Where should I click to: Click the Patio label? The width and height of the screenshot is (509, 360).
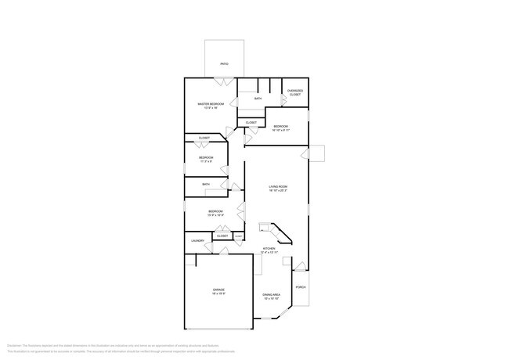pos(224,63)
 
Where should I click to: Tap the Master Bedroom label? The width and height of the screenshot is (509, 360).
pos(210,104)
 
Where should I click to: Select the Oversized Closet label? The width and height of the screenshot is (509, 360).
pos(294,92)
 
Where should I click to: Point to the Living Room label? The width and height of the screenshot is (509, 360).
pos(278,186)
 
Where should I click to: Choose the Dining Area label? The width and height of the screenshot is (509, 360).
pos(272,295)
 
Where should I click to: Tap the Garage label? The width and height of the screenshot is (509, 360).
pos(218,290)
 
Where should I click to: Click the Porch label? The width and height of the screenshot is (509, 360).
pos(300,287)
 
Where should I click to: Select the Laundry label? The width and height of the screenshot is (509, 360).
pos(197,241)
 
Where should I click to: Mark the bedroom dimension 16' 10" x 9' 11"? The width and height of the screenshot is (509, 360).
pos(280,130)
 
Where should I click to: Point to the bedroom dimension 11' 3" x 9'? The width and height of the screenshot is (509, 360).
pos(206,161)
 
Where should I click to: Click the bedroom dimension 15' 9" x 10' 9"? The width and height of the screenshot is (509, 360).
pos(216,214)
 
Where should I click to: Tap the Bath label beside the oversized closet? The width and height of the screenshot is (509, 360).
pos(258,99)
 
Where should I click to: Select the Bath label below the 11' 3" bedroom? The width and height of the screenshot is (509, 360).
pos(206,185)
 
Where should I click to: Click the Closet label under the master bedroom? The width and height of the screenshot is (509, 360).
pos(204,138)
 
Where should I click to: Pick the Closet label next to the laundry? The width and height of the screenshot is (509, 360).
pos(222,236)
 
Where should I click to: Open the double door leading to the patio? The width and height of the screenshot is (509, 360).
pos(224,81)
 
